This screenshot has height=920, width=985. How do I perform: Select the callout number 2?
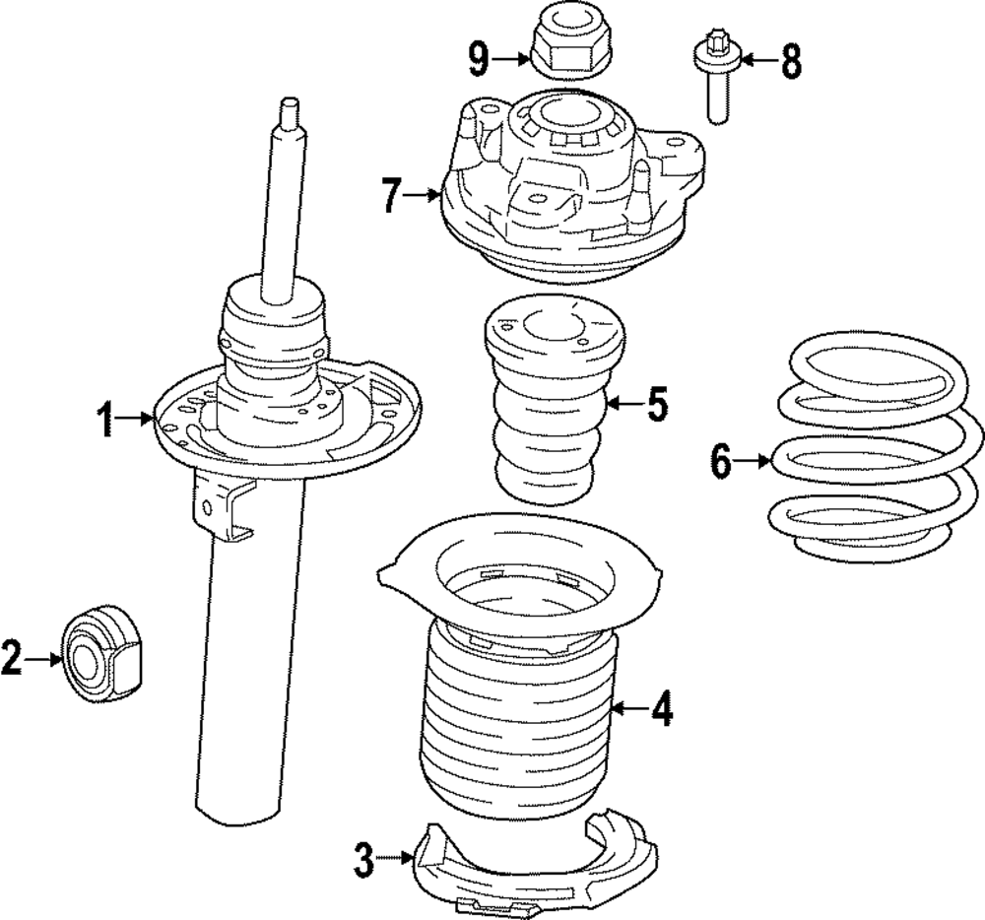[12, 658]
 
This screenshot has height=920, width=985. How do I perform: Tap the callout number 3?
[364, 863]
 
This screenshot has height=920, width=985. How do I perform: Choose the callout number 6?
[722, 460]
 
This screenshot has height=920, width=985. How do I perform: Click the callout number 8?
[791, 62]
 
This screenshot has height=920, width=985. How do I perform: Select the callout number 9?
[480, 60]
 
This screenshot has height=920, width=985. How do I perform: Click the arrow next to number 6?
[754, 460]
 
